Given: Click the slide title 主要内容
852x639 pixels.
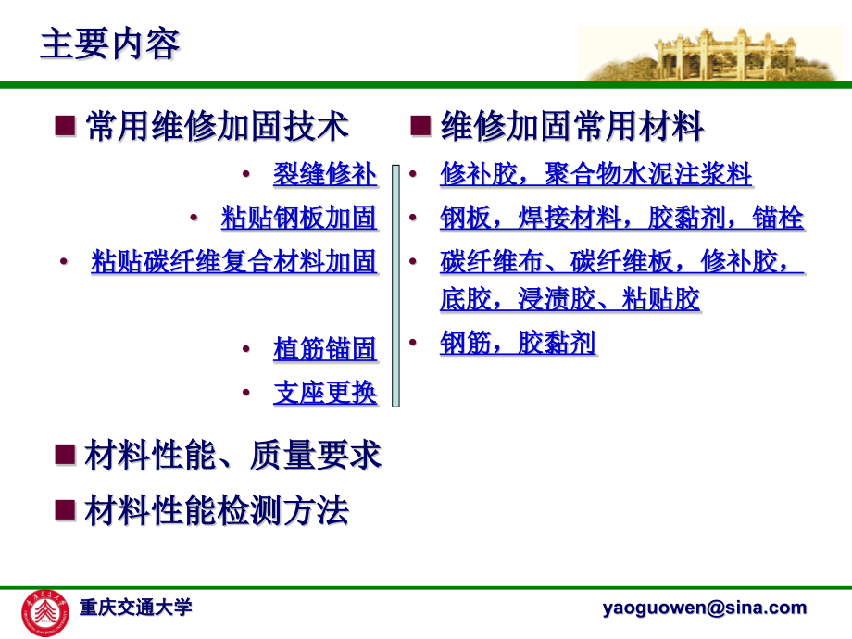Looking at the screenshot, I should click(109, 44).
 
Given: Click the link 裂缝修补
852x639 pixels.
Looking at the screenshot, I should click(325, 174).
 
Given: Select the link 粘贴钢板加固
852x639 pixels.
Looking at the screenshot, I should click(299, 219).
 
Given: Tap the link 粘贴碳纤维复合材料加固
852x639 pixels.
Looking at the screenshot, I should click(233, 262).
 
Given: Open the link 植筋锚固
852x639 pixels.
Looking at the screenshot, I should click(325, 349).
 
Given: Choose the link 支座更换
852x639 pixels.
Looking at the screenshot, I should click(325, 393).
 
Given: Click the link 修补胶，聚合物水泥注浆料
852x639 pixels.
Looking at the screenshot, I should click(595, 174).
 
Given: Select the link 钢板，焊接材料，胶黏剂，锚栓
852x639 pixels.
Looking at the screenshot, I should click(621, 219).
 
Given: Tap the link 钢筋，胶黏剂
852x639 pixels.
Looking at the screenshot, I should click(518, 344).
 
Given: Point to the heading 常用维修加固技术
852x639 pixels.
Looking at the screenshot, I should click(217, 126).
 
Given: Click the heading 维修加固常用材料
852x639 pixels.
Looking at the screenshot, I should click(572, 126).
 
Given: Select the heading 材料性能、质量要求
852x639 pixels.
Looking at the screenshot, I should click(232, 456).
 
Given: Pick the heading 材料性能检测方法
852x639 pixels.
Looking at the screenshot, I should click(217, 510).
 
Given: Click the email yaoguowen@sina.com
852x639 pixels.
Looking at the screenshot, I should click(704, 608).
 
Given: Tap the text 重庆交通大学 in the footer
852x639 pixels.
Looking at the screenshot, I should click(135, 608).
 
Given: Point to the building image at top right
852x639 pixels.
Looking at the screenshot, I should click(713, 54).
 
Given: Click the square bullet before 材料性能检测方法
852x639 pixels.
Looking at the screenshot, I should click(65, 509).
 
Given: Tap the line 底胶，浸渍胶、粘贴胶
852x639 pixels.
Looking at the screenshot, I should click(570, 299).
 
